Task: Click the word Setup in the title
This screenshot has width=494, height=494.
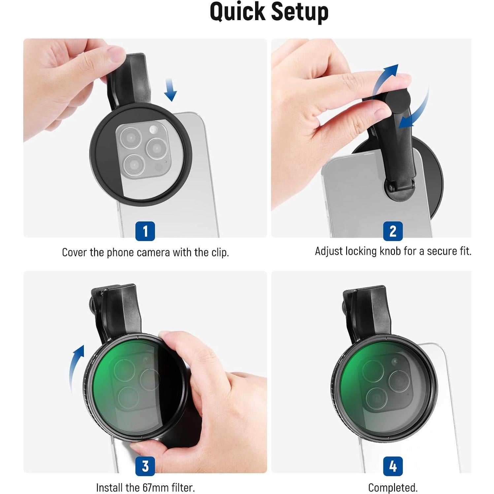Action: pyautogui.click(x=299, y=12)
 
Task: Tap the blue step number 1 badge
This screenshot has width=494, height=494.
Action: pyautogui.click(x=145, y=231)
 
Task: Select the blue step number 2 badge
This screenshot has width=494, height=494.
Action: pyautogui.click(x=393, y=231)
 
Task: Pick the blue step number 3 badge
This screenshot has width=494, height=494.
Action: pyautogui.click(x=145, y=466)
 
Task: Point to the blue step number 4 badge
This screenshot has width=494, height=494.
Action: pyautogui.click(x=393, y=466)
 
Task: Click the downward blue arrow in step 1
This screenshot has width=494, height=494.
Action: pyautogui.click(x=170, y=90)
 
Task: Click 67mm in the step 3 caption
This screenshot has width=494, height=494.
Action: pyautogui.click(x=156, y=487)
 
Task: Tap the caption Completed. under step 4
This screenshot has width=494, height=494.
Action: pyautogui.click(x=393, y=487)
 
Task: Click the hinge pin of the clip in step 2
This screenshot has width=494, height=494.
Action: pyautogui.click(x=391, y=188)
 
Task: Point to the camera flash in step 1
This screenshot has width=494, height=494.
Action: pyautogui.click(x=153, y=129)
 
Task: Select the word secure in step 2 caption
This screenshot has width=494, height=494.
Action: pyautogui.click(x=441, y=251)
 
